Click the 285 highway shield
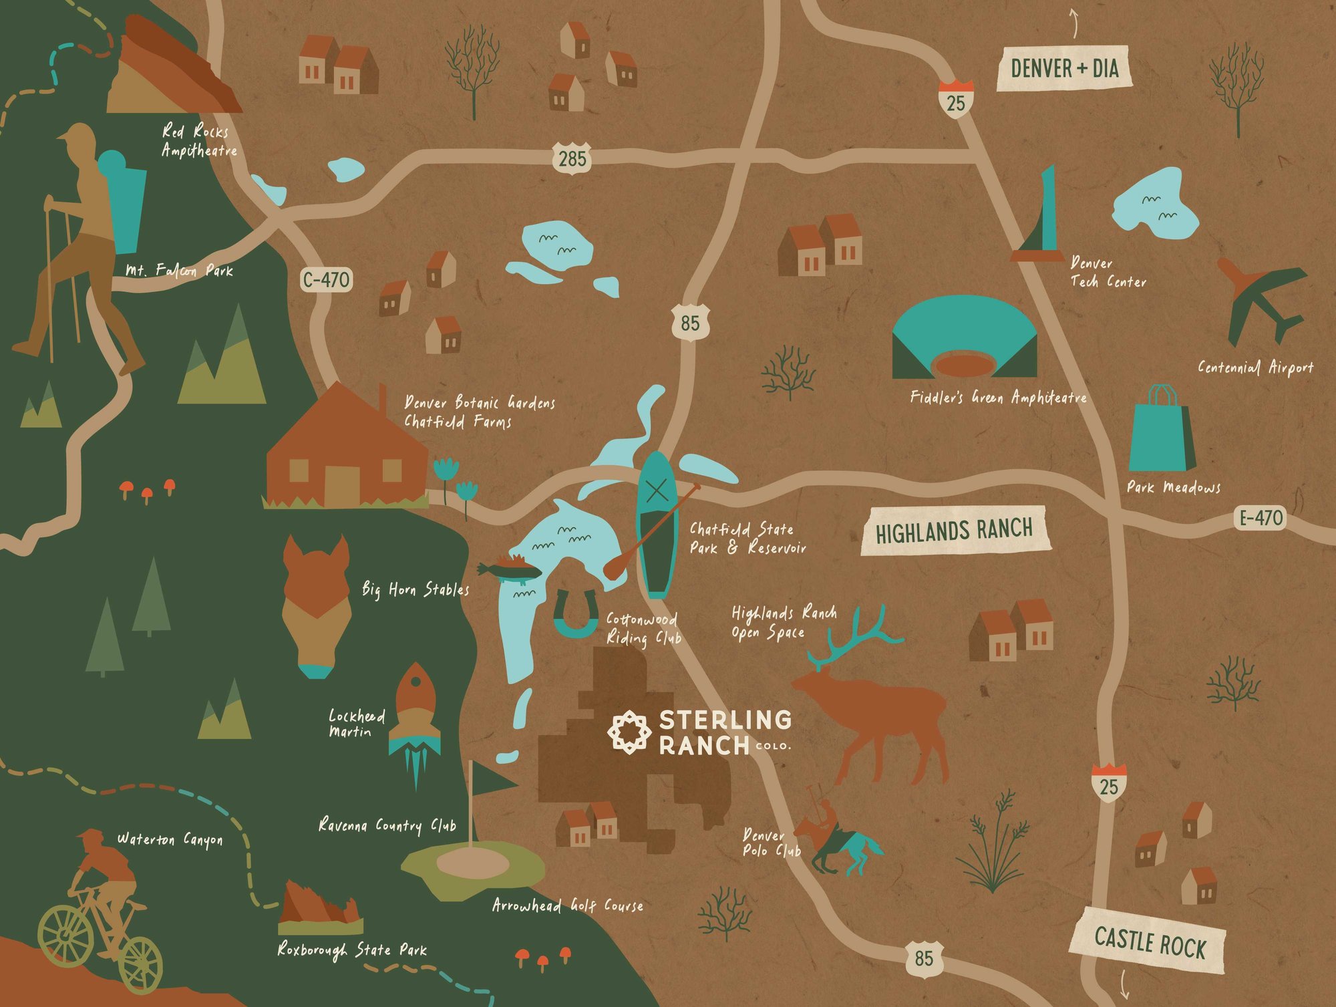click(572, 159)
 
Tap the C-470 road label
click(326, 279)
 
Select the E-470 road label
click(1261, 518)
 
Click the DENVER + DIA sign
click(1064, 68)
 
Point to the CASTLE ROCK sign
click(1149, 941)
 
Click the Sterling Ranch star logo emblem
click(629, 732)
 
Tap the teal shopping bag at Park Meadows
click(1161, 434)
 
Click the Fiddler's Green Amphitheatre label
click(998, 398)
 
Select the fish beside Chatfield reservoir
click(509, 571)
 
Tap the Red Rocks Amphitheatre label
click(198, 141)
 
